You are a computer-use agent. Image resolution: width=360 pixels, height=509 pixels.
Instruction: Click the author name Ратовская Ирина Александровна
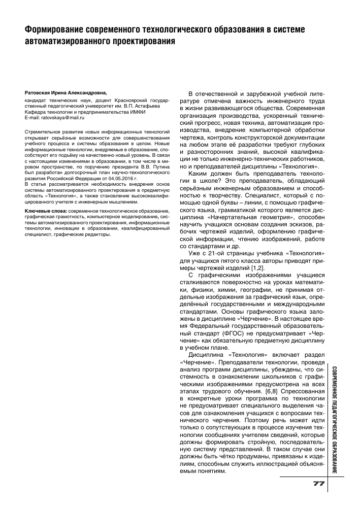coord(66,94)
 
